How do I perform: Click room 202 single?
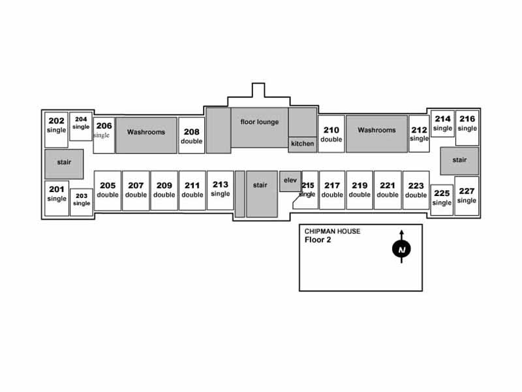click(56, 125)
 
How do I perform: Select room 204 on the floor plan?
click(81, 123)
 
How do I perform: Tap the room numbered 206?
click(104, 130)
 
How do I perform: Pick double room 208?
click(191, 136)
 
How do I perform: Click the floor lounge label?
click(259, 122)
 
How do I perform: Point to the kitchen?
click(302, 144)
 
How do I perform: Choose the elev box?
click(290, 181)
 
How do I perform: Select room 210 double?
click(331, 134)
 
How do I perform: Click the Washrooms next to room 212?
click(376, 131)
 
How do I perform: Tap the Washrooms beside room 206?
click(146, 132)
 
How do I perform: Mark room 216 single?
click(467, 123)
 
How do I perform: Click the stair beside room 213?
click(260, 186)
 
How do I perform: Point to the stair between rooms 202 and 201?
click(64, 162)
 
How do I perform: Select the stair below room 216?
click(459, 160)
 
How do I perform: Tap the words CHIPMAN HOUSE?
click(333, 231)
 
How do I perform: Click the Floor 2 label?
click(318, 239)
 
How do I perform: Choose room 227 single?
click(467, 195)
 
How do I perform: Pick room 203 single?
click(82, 199)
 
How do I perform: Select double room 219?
click(360, 190)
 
